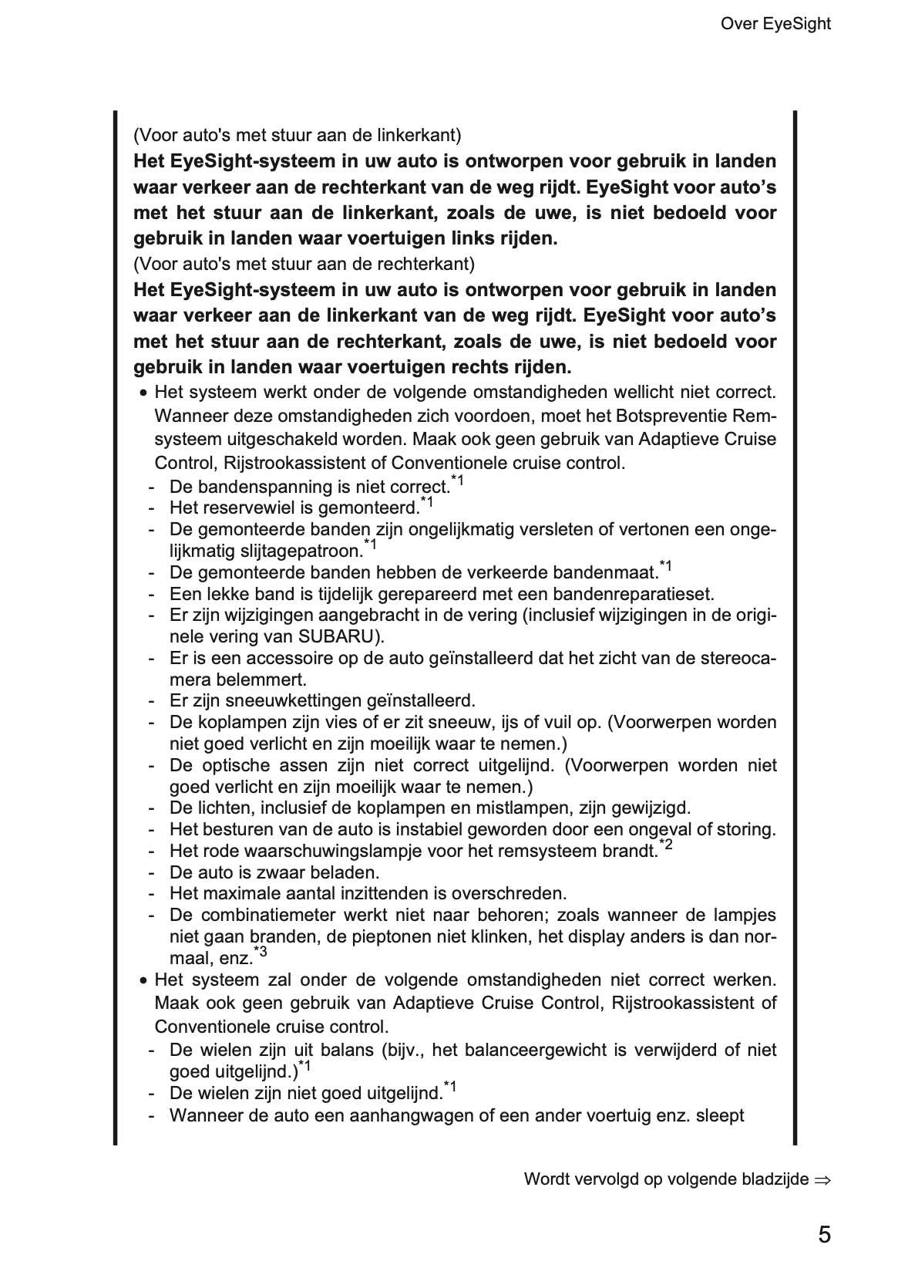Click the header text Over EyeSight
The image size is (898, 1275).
(x=775, y=24)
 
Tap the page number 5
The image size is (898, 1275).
(x=824, y=1235)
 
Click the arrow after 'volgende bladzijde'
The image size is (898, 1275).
(x=822, y=1180)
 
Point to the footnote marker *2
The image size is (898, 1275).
(x=666, y=846)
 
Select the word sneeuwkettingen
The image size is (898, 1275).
(x=289, y=701)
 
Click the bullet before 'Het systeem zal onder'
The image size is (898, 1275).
(x=143, y=982)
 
